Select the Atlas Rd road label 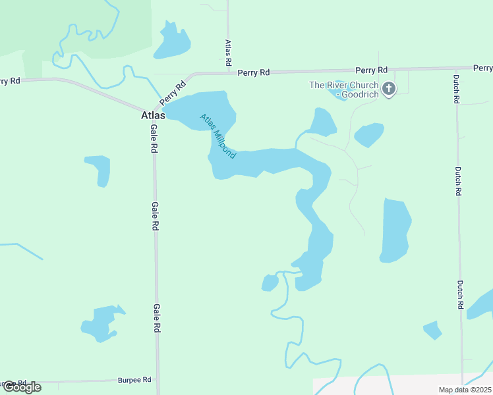coord(227,52)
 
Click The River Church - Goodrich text coord(344,90)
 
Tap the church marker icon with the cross coord(389,89)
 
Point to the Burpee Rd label coord(134,380)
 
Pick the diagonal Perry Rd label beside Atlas coord(173,91)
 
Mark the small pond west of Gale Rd coord(99,169)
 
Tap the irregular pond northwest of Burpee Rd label coord(100,322)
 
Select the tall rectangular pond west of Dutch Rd coord(395,230)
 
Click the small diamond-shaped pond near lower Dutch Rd coord(432,330)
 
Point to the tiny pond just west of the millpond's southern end coord(270,283)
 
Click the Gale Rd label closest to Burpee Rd coord(157,319)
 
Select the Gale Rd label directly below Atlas coord(154,139)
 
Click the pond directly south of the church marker coord(368,135)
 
